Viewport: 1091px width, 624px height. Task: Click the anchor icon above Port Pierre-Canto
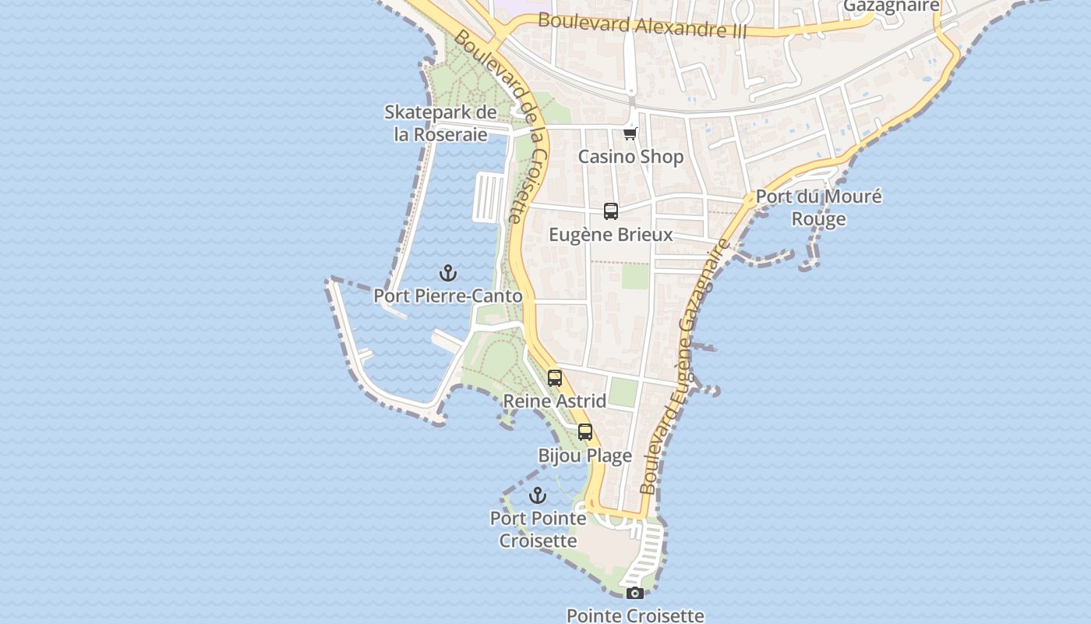(448, 273)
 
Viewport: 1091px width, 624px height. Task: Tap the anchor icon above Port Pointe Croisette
(538, 495)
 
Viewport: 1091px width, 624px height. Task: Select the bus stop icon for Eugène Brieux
(611, 211)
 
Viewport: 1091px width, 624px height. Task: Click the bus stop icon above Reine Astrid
(555, 378)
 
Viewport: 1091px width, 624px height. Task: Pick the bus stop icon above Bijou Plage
(585, 432)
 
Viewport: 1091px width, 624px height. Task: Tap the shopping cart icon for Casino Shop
(630, 134)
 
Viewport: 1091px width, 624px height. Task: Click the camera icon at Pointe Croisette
(634, 593)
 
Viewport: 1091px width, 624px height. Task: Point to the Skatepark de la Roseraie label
(440, 123)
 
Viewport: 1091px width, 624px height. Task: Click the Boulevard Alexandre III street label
(642, 25)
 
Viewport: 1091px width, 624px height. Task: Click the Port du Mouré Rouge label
(819, 207)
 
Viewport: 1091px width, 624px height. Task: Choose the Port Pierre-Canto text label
(448, 296)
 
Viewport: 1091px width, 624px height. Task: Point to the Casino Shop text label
(630, 157)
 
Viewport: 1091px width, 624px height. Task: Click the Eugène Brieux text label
(611, 235)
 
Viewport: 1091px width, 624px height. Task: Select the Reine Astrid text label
(555, 402)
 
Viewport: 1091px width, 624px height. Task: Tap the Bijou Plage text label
(585, 456)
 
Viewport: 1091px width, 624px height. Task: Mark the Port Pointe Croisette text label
(538, 530)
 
